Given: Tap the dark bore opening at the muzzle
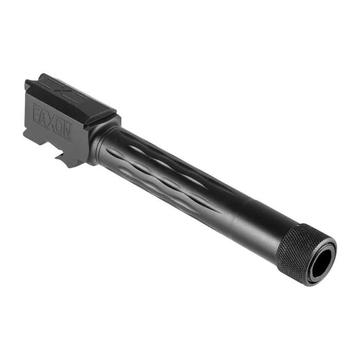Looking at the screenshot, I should [x=320, y=263].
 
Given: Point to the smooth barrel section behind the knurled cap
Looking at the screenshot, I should [x=257, y=226].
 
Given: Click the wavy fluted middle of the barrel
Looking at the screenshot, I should [x=165, y=175].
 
